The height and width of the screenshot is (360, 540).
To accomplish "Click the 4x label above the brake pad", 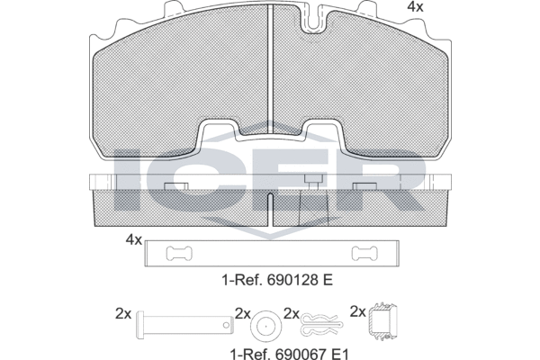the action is click(x=415, y=7).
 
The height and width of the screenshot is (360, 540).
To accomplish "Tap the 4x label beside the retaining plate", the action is click(x=133, y=239).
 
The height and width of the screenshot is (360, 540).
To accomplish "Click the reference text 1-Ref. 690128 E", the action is click(x=277, y=280).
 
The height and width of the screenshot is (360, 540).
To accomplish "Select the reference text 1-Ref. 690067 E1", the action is click(x=289, y=354).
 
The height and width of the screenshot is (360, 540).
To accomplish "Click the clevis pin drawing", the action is click(x=184, y=325).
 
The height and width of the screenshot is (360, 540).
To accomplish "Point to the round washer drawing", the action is click(x=265, y=326).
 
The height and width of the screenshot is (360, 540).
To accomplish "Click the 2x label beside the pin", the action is click(x=123, y=314).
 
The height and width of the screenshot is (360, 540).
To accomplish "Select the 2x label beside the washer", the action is click(x=243, y=314).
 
